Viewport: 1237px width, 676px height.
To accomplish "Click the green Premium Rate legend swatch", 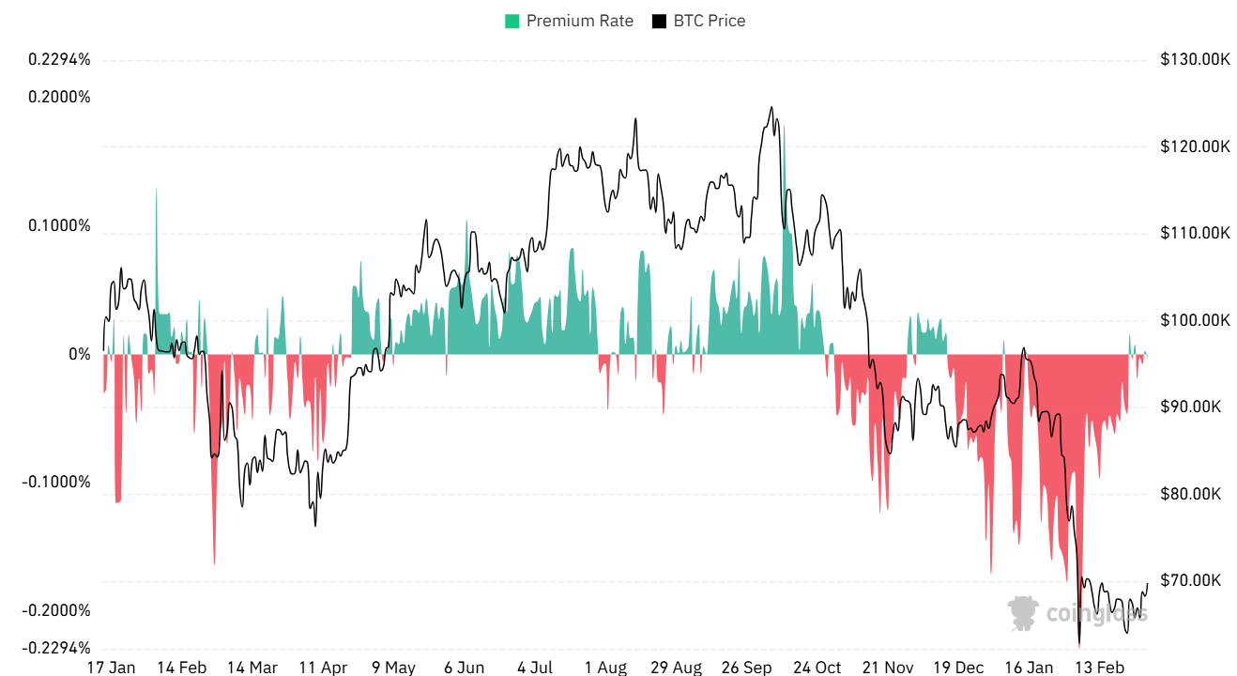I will [512, 21].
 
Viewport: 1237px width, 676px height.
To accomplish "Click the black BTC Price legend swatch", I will [659, 21].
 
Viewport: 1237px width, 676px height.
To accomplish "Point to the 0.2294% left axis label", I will [60, 59].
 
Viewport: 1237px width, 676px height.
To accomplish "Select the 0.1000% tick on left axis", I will [60, 225].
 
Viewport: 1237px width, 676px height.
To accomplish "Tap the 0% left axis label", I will [79, 355].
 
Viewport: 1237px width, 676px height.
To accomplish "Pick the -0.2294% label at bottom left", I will [58, 648].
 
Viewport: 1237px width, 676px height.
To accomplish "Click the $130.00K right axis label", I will [1195, 59].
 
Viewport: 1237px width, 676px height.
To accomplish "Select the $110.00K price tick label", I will [1195, 233].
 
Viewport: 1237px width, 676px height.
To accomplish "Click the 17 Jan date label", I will [111, 668].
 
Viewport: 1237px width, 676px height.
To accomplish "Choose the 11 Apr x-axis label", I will [323, 668].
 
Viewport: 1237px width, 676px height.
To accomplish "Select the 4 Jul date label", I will [535, 668].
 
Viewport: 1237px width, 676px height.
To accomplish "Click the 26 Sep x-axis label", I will [746, 668].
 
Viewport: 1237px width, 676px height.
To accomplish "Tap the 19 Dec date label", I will [958, 668].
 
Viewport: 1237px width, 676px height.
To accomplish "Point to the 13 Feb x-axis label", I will [1099, 668].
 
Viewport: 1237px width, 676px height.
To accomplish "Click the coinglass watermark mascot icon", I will [1024, 613].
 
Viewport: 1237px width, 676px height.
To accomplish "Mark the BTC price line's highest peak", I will [771, 108].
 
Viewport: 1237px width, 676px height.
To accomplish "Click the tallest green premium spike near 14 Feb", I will [156, 190].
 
